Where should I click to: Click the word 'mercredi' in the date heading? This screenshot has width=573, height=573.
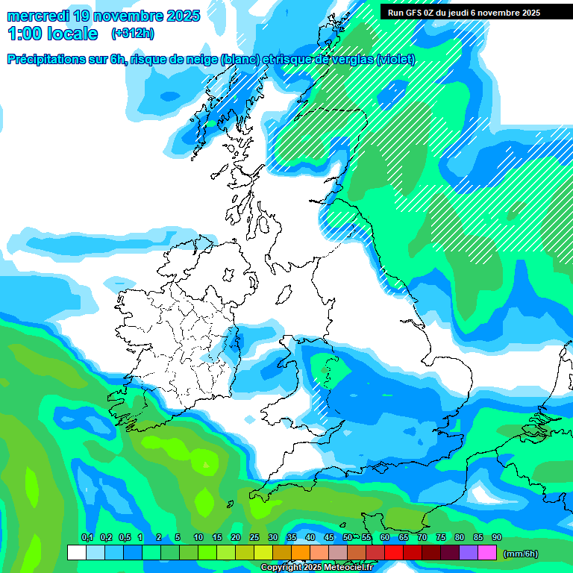pos(38,15)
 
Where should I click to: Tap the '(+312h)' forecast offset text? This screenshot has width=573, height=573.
pos(134,33)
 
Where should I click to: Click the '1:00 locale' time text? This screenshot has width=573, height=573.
pos(52,34)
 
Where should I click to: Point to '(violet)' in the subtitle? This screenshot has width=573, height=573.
pos(396,60)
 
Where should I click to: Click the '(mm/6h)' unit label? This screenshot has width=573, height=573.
pos(521,554)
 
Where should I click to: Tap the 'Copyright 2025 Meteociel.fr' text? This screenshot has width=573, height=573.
pos(316,568)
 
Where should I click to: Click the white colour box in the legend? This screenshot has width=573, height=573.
pos(76,553)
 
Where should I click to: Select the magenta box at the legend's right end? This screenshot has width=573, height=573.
pos(487,553)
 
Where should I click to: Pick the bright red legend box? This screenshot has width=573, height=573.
pos(394,553)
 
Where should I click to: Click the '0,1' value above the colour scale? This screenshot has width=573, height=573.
pos(87,538)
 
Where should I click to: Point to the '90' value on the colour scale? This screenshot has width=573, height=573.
pos(496,538)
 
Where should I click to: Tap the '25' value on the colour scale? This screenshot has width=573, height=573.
pos(254,538)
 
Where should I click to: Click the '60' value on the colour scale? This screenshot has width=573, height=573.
pos(384,538)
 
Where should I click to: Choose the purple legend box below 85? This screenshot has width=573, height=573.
pos(469,553)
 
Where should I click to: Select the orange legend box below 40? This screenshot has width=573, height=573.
pos(301,553)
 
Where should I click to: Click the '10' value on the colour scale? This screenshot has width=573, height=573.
pos(198,538)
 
